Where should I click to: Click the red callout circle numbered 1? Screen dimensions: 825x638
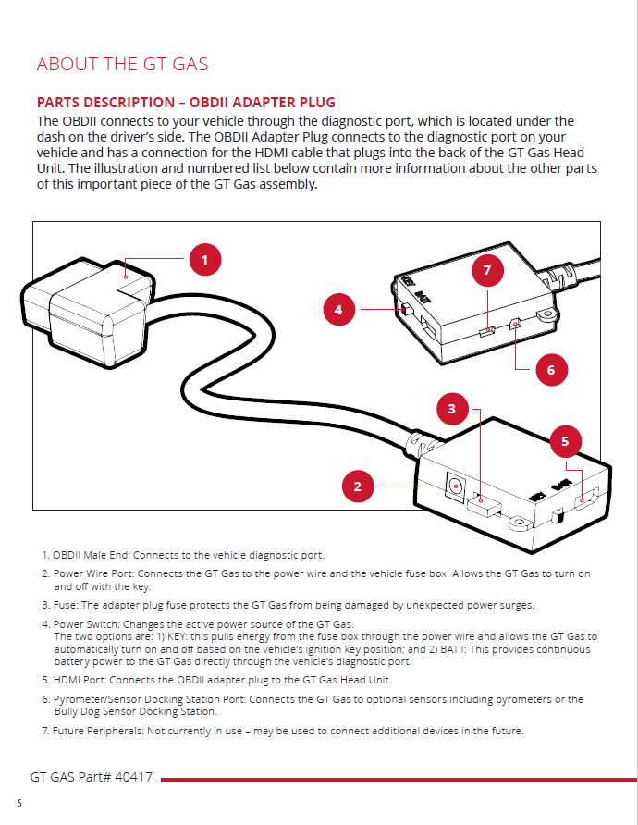pos(204,260)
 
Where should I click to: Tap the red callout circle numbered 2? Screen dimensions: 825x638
pos(358,486)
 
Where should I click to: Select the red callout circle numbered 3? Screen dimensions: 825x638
pos(451,408)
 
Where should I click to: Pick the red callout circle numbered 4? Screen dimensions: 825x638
pos(338,309)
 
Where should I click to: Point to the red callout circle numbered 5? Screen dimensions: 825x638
pos(565,441)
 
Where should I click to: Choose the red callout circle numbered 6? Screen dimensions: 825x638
pos(551,370)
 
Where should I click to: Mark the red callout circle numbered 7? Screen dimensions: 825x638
pos(487,270)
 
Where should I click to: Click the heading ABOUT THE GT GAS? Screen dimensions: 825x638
pos(122,64)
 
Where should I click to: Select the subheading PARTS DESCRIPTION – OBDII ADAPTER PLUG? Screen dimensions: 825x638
pos(185,102)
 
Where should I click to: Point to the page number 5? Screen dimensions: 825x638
pos(18,802)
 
